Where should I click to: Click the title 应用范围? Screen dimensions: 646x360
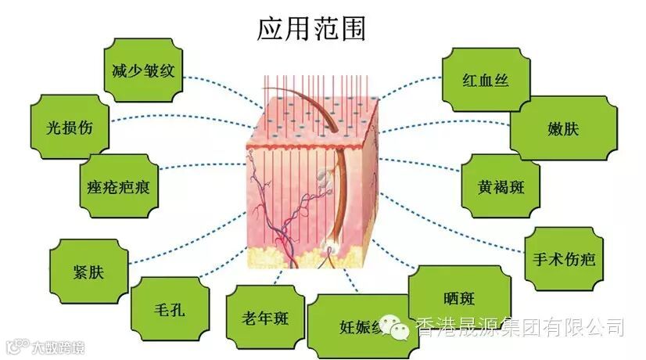310,28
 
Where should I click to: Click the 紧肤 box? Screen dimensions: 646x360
88,271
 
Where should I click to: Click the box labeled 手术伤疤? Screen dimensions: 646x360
563,258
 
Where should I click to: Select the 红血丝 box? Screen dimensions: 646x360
486,80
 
